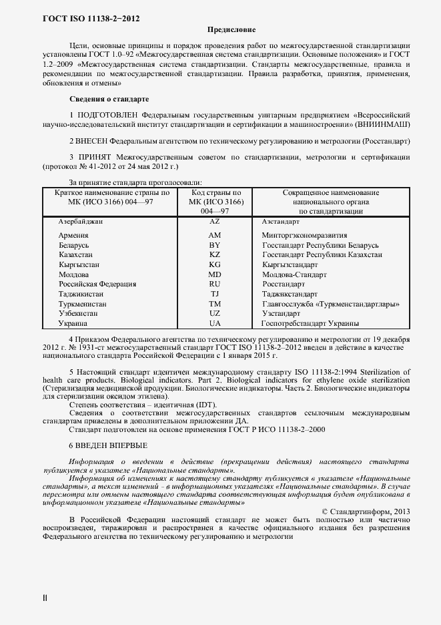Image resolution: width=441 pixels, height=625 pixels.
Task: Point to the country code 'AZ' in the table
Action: click(x=214, y=220)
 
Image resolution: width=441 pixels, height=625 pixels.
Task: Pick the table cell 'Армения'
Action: click(x=73, y=236)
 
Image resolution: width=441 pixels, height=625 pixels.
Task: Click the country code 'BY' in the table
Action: click(x=214, y=245)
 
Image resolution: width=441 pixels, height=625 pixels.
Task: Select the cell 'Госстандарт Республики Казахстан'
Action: click(x=322, y=255)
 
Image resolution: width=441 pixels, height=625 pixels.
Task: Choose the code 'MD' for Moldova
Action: click(x=214, y=274)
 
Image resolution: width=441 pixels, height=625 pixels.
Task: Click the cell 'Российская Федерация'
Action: click(x=97, y=284)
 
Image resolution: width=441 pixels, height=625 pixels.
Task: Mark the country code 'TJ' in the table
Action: click(x=214, y=294)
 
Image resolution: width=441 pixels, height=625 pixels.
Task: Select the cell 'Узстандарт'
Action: click(x=282, y=313)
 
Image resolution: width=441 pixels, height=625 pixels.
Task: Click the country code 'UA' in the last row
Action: click(x=214, y=323)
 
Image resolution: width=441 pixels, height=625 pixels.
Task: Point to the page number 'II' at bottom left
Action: click(x=45, y=598)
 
